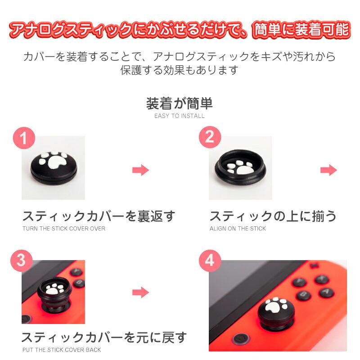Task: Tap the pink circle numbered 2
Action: click(x=210, y=137)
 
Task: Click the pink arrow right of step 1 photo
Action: click(x=140, y=170)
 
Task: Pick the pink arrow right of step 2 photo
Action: click(x=328, y=170)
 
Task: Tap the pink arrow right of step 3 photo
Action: click(x=140, y=292)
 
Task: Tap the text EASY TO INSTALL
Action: click(x=179, y=116)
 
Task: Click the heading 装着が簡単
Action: click(x=179, y=103)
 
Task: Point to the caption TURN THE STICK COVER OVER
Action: click(x=64, y=229)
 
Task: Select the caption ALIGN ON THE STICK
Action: click(x=238, y=229)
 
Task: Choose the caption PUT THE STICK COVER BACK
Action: click(x=62, y=350)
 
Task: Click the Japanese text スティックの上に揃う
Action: click(x=273, y=216)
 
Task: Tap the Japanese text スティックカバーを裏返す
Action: click(x=99, y=216)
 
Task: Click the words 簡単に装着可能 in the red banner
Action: click(x=301, y=30)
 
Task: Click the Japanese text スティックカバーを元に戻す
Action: click(x=104, y=337)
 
